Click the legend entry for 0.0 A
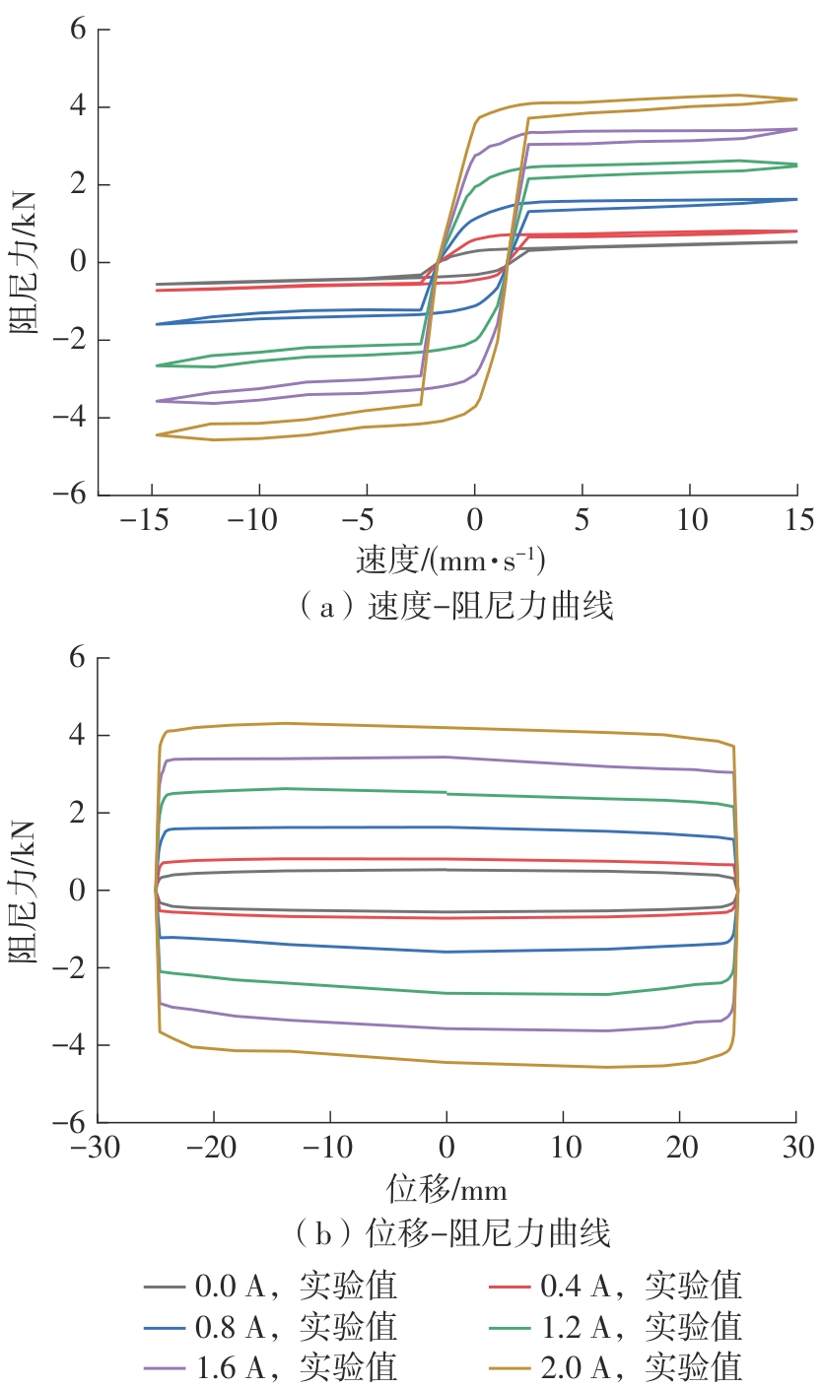click(271, 1286)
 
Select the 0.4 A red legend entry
click(616, 1286)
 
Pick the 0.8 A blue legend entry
click(271, 1326)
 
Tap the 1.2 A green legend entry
click(616, 1326)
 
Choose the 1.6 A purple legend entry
click(271, 1366)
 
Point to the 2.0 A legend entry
click(616, 1366)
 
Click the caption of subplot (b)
click(454, 1232)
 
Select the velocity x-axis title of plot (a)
click(450, 561)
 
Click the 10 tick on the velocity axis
click(690, 519)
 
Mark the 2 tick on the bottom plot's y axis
click(76, 813)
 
